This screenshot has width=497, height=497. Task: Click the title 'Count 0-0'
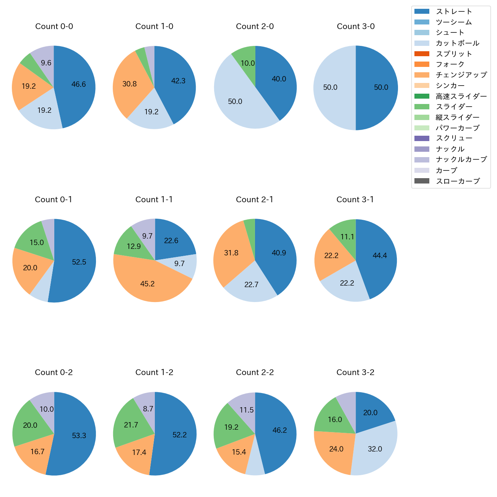click(54, 26)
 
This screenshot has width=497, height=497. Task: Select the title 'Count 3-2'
click(355, 372)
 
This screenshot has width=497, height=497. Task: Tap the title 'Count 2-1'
click(255, 200)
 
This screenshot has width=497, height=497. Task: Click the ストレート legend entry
click(454, 11)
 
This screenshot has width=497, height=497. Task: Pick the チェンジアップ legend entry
click(461, 75)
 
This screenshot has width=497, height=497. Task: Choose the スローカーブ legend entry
click(458, 181)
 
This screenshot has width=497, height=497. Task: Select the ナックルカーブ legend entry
click(461, 160)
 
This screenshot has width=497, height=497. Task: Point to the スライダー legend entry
click(454, 107)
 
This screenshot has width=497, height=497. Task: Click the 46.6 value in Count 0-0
click(79, 84)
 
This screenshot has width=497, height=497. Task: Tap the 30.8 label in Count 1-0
click(130, 84)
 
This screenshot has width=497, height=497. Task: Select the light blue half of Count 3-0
click(331, 88)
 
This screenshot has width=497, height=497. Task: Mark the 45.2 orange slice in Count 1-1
click(148, 284)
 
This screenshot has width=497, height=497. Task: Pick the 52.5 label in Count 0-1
click(79, 262)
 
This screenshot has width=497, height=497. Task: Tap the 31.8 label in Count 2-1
click(231, 253)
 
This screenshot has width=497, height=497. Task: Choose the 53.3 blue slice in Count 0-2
click(79, 435)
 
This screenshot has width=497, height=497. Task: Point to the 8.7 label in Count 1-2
click(148, 409)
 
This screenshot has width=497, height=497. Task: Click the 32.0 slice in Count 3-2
click(375, 449)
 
